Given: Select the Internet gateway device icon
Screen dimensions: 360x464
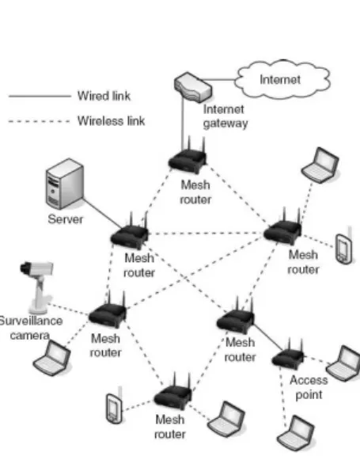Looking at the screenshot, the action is [193, 87].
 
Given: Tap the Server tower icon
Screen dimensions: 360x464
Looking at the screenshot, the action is [65, 184].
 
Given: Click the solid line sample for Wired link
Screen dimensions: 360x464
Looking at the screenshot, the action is [40, 96].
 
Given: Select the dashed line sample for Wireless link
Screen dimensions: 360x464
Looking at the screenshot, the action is [39, 121].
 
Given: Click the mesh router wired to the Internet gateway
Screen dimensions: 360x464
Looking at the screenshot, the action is [188, 158].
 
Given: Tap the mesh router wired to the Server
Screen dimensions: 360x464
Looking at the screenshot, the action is [131, 234].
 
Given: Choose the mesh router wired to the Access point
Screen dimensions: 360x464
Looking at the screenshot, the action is [236, 318].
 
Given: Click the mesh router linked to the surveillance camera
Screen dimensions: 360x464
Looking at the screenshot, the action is [107, 312].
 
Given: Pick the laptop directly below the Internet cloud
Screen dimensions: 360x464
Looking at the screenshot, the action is [320, 165].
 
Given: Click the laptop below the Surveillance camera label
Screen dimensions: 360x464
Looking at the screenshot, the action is [52, 358].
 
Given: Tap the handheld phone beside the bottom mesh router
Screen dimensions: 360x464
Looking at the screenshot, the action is [115, 407].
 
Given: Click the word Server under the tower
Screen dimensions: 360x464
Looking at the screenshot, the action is [66, 219].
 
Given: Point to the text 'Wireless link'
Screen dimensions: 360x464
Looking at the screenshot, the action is [112, 120].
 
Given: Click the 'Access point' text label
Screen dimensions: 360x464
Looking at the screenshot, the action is [309, 387].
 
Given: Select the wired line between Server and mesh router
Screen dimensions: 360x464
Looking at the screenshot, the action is [102, 213].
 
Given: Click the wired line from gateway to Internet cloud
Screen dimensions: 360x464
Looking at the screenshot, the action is [218, 80].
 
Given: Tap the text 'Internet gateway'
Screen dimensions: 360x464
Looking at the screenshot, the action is [225, 116].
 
